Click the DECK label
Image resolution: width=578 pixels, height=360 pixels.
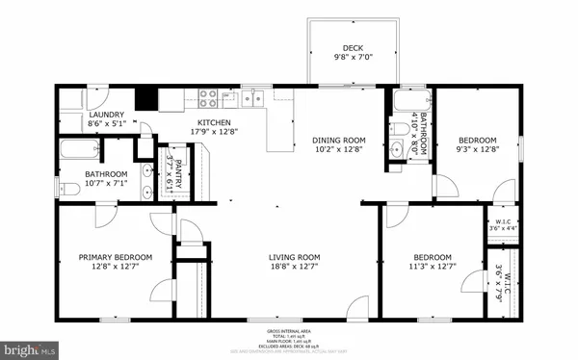[353, 49]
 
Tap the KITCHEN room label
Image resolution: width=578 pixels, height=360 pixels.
[214, 123]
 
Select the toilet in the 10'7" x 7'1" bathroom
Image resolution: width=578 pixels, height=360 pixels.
[67, 190]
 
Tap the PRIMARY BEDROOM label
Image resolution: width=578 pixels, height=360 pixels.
[116, 257]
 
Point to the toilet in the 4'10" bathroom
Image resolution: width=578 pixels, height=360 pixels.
[398, 129]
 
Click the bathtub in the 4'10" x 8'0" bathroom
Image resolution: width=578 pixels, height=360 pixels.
[405, 100]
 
